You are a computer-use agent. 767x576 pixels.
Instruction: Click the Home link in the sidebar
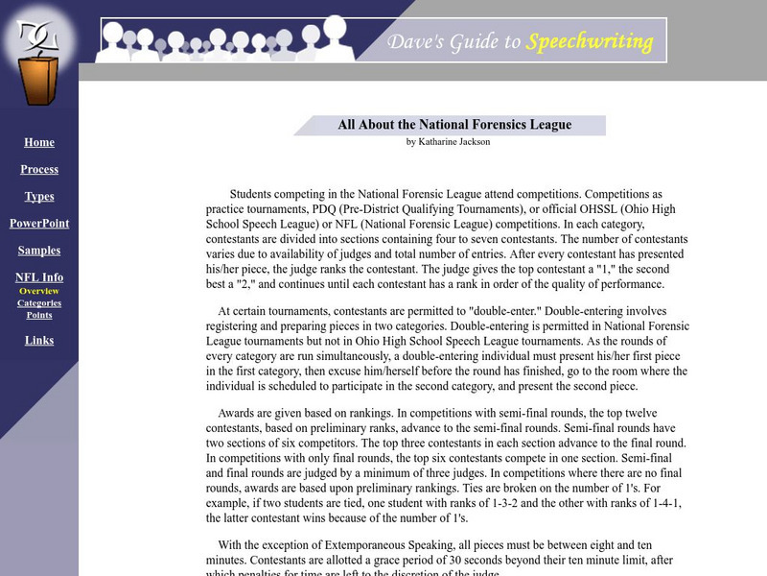39,143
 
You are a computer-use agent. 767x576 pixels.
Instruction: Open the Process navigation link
39,170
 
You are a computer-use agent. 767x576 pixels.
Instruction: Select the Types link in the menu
39,197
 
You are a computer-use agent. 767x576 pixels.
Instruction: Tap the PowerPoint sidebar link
39,224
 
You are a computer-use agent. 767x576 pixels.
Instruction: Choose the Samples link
39,251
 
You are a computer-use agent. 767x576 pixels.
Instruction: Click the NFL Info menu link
39,277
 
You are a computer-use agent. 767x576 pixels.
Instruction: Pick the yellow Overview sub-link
39,291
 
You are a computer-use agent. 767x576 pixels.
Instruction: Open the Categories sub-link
39,303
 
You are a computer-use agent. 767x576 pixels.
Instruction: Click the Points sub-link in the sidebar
39,315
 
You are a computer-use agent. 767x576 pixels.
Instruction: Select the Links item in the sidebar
39,341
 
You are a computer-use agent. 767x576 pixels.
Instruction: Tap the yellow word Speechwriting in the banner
590,41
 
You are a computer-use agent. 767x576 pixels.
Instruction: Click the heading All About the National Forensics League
454,125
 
